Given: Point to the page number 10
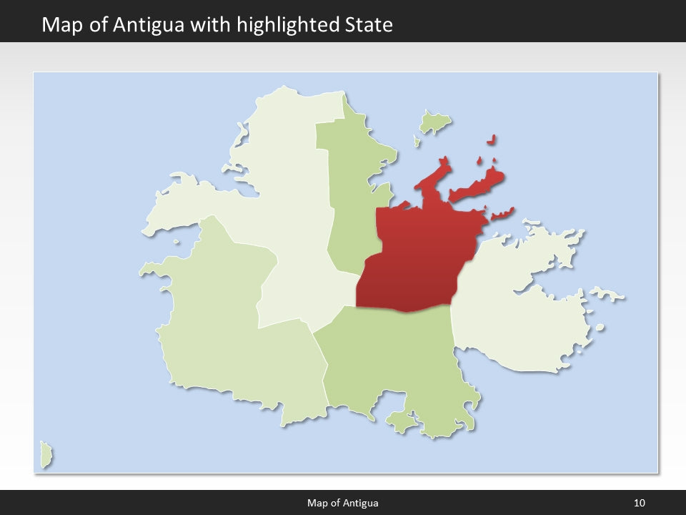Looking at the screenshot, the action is (x=639, y=503).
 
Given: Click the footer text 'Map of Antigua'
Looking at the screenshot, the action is (x=343, y=503).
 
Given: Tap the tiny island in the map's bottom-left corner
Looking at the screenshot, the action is (x=46, y=455).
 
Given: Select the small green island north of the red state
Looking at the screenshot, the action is (x=434, y=124).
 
